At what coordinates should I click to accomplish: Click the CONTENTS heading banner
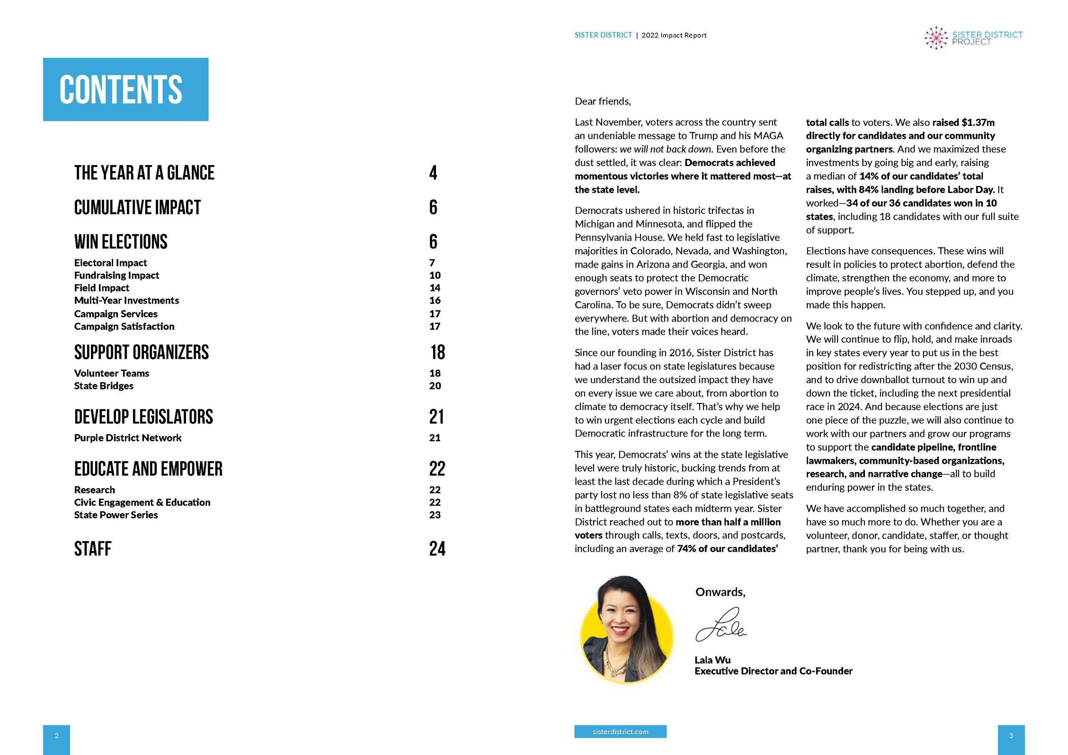[126, 89]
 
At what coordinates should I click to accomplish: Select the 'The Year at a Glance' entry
[144, 173]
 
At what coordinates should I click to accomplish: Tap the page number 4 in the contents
[433, 173]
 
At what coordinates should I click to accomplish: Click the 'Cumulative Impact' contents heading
[137, 207]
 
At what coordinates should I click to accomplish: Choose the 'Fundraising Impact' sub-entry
[116, 275]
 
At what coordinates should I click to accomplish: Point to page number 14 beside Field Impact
[435, 288]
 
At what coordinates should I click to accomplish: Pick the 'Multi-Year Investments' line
[126, 300]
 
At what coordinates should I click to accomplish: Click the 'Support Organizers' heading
[141, 352]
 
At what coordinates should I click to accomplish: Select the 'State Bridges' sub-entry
[104, 386]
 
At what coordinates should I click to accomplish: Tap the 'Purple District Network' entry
[128, 438]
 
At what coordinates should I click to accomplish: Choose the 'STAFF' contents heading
[93, 549]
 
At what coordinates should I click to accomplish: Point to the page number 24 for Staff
[437, 549]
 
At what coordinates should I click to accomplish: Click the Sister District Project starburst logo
[936, 38]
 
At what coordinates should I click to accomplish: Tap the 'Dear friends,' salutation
[603, 101]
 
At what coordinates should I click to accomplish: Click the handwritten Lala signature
[720, 626]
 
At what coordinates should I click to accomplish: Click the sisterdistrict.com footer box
[620, 731]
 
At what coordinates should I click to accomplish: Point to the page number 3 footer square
[1011, 735]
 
